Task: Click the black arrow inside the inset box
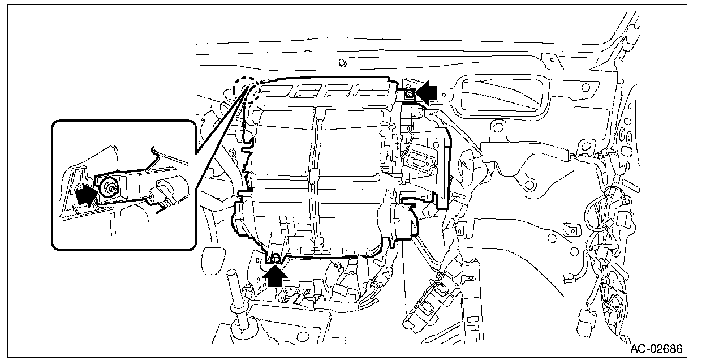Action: [85, 195]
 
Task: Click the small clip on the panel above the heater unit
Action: [343, 61]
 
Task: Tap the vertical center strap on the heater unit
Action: [314, 175]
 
